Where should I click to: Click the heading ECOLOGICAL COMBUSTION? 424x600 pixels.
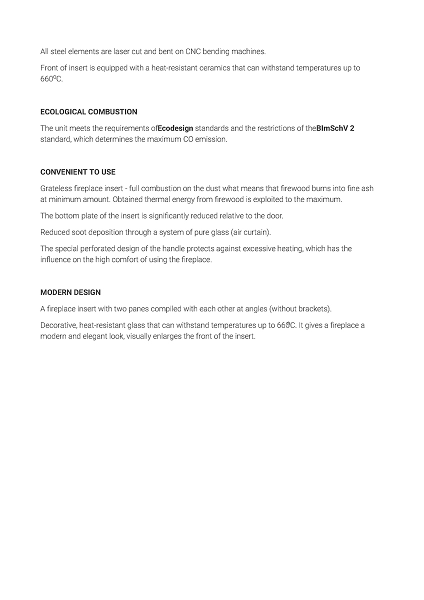coord(88,112)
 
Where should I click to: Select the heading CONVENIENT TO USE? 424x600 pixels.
coord(77,172)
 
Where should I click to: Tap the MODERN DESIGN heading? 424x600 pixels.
coord(70,292)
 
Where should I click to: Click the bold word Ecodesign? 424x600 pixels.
coord(175,128)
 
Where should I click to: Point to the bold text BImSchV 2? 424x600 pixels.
coord(335,128)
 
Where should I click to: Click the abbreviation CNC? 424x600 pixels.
coord(192,51)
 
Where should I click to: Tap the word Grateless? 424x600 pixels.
coord(56,188)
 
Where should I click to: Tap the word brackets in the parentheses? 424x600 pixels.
coord(313,309)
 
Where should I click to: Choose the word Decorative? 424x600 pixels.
coord(57,325)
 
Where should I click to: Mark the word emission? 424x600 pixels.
coord(210,139)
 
